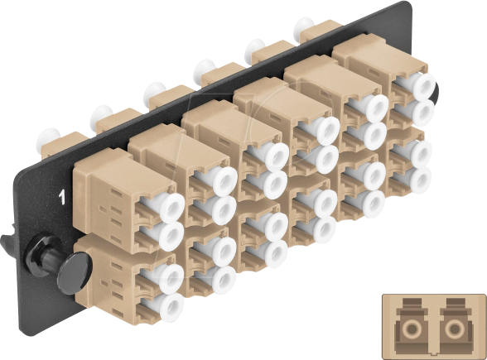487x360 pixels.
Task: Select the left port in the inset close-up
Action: click(407, 323)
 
